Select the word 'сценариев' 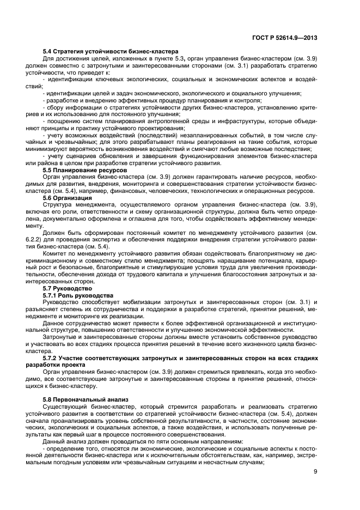pos(76,156)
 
